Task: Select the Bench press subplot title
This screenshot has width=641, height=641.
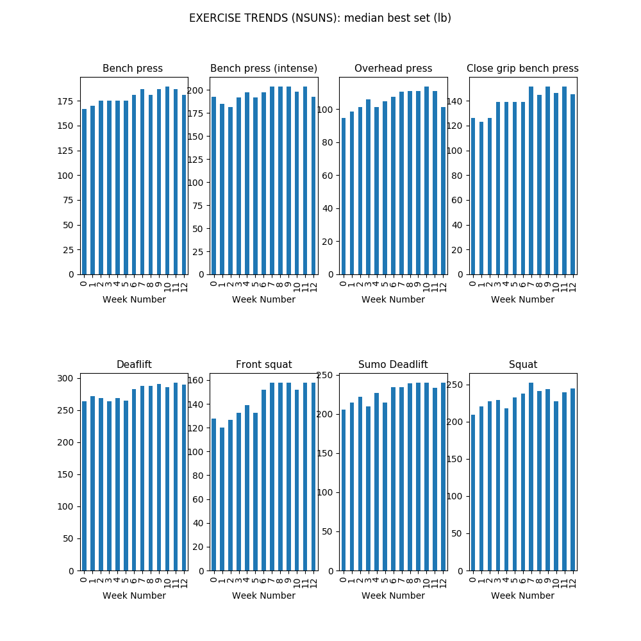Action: (x=133, y=69)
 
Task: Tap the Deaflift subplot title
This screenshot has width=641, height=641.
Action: (x=134, y=364)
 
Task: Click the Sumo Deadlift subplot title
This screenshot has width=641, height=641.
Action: (x=393, y=364)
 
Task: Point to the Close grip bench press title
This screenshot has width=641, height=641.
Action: (x=522, y=69)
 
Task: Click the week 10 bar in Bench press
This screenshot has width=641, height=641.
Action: (x=167, y=180)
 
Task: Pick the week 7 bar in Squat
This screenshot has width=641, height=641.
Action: (x=531, y=477)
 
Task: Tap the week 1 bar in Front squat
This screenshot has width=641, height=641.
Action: (x=222, y=499)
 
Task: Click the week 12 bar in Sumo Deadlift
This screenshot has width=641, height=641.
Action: (x=443, y=477)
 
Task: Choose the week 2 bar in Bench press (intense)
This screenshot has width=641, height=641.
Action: (x=230, y=190)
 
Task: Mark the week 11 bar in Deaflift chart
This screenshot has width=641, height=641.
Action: (x=176, y=477)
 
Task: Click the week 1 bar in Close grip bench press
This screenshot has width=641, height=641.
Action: (x=481, y=198)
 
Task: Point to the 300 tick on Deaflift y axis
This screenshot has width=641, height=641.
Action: (x=65, y=379)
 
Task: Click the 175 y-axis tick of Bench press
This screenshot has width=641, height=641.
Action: (x=65, y=101)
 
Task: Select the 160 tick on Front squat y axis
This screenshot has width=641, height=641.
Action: (x=196, y=381)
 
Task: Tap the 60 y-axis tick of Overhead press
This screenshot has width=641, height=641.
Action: (x=328, y=176)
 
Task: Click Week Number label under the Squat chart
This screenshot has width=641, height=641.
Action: (x=522, y=595)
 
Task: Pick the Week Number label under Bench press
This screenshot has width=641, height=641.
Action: (x=134, y=299)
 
